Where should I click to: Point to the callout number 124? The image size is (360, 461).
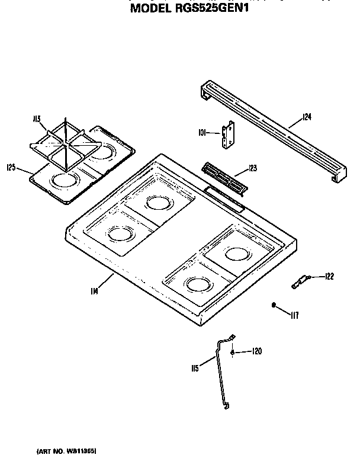tap(306, 117)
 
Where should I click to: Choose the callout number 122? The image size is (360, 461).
tap(330, 276)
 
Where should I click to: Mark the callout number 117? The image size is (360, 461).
tap(294, 315)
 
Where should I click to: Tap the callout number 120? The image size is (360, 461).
tap(256, 352)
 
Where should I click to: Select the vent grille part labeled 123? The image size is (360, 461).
tap(223, 178)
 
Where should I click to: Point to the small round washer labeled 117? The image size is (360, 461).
tap(274, 305)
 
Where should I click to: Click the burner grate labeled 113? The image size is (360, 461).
tap(61, 143)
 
